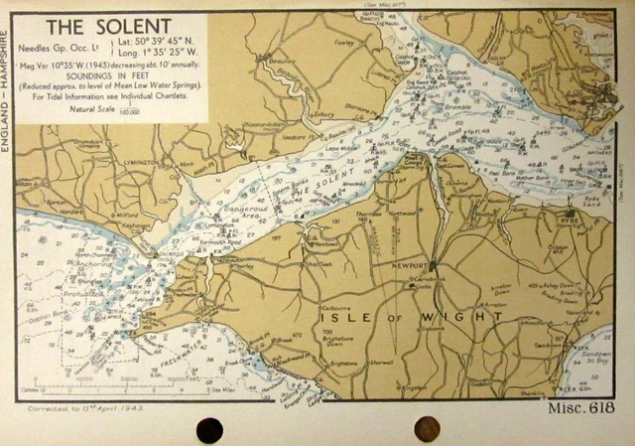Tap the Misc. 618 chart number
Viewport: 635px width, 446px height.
click(582, 410)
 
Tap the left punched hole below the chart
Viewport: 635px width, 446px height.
click(210, 429)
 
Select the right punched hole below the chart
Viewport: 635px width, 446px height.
click(426, 428)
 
